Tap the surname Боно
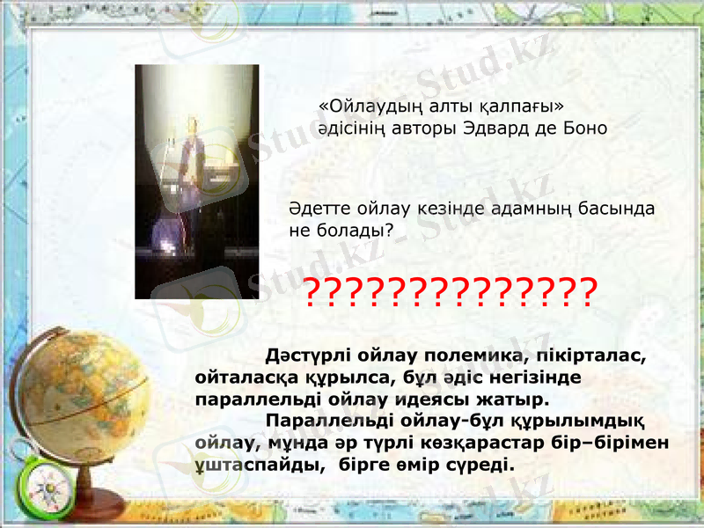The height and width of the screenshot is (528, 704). coord(581,128)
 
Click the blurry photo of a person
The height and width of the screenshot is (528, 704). coord(196,181)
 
